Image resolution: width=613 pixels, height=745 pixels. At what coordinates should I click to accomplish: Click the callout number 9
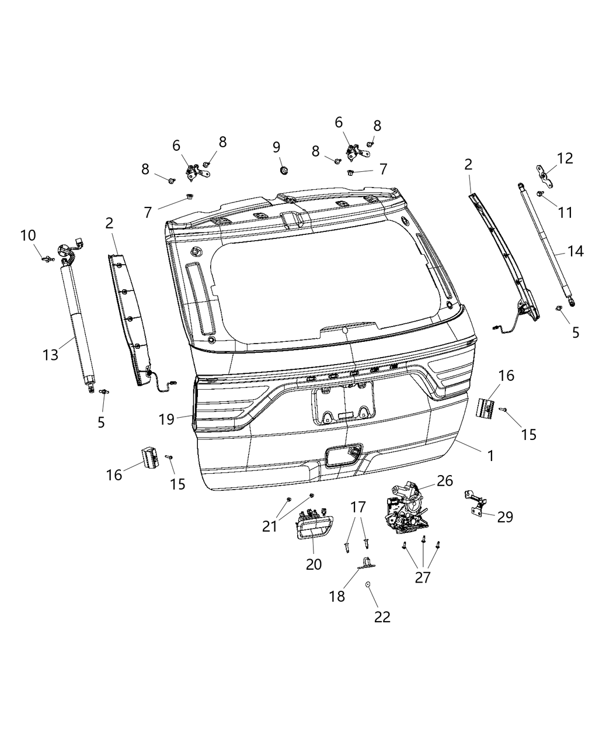277,147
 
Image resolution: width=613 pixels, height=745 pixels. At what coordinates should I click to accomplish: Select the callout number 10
28,235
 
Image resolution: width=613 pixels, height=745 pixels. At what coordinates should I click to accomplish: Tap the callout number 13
51,354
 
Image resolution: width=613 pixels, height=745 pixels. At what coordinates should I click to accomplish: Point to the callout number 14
575,251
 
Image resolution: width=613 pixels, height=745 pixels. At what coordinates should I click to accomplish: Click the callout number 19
166,419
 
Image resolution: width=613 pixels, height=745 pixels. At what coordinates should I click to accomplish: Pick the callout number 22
382,617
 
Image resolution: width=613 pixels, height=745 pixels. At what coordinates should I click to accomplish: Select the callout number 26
445,480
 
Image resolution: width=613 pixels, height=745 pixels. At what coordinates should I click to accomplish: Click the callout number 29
505,517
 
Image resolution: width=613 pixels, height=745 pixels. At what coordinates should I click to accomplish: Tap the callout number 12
565,158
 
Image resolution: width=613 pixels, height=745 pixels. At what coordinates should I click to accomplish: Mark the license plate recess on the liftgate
343,404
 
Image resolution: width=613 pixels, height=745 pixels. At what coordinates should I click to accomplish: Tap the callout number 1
491,456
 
